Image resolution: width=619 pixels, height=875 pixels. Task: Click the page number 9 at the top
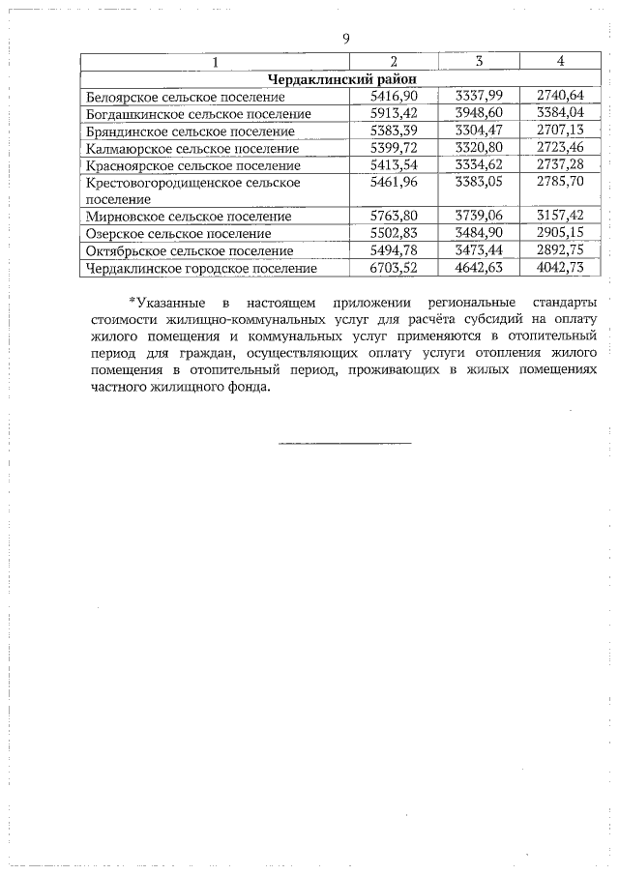345,38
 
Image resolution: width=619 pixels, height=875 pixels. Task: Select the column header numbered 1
215,62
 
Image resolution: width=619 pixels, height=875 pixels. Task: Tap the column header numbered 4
561,62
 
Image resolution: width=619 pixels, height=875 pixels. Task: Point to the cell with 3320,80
479,148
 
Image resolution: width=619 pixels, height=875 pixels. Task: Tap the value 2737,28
560,165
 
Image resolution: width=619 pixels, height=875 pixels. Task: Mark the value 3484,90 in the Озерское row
479,234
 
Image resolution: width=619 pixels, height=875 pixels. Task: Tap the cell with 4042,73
560,268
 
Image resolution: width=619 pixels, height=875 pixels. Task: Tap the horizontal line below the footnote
344,443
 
